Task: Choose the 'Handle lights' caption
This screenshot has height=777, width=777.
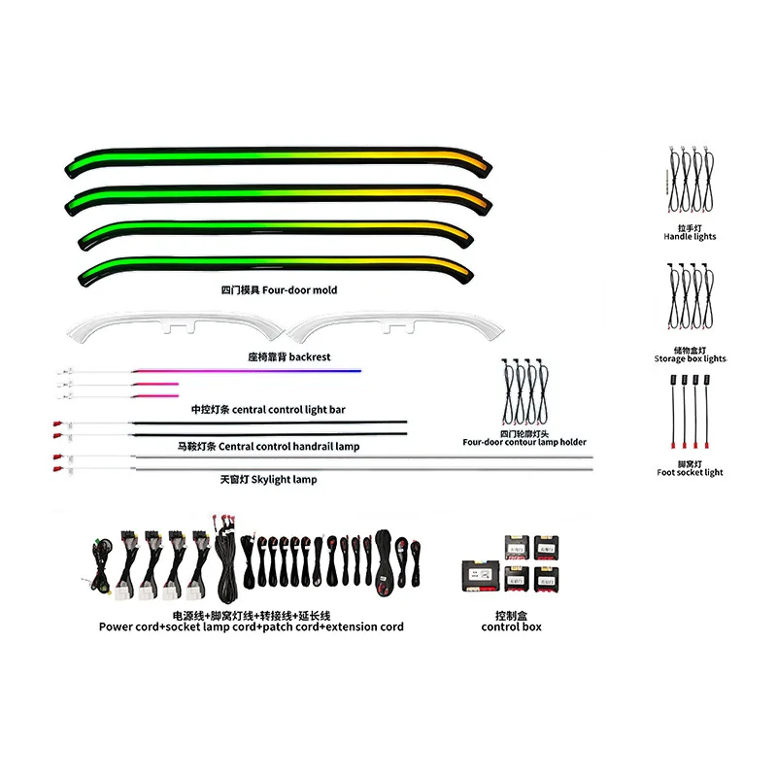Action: [690, 236]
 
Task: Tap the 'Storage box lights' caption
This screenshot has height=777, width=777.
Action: [691, 358]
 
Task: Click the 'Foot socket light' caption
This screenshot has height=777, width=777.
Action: [690, 472]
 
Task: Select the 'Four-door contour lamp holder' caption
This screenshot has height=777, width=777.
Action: [524, 442]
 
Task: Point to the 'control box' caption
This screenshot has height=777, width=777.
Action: [512, 626]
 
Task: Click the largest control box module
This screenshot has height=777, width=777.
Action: [480, 576]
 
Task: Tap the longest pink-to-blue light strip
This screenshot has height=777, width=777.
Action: [247, 371]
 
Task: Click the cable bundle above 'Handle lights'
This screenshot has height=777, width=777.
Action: [691, 180]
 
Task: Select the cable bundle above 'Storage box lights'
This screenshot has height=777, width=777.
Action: [691, 296]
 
